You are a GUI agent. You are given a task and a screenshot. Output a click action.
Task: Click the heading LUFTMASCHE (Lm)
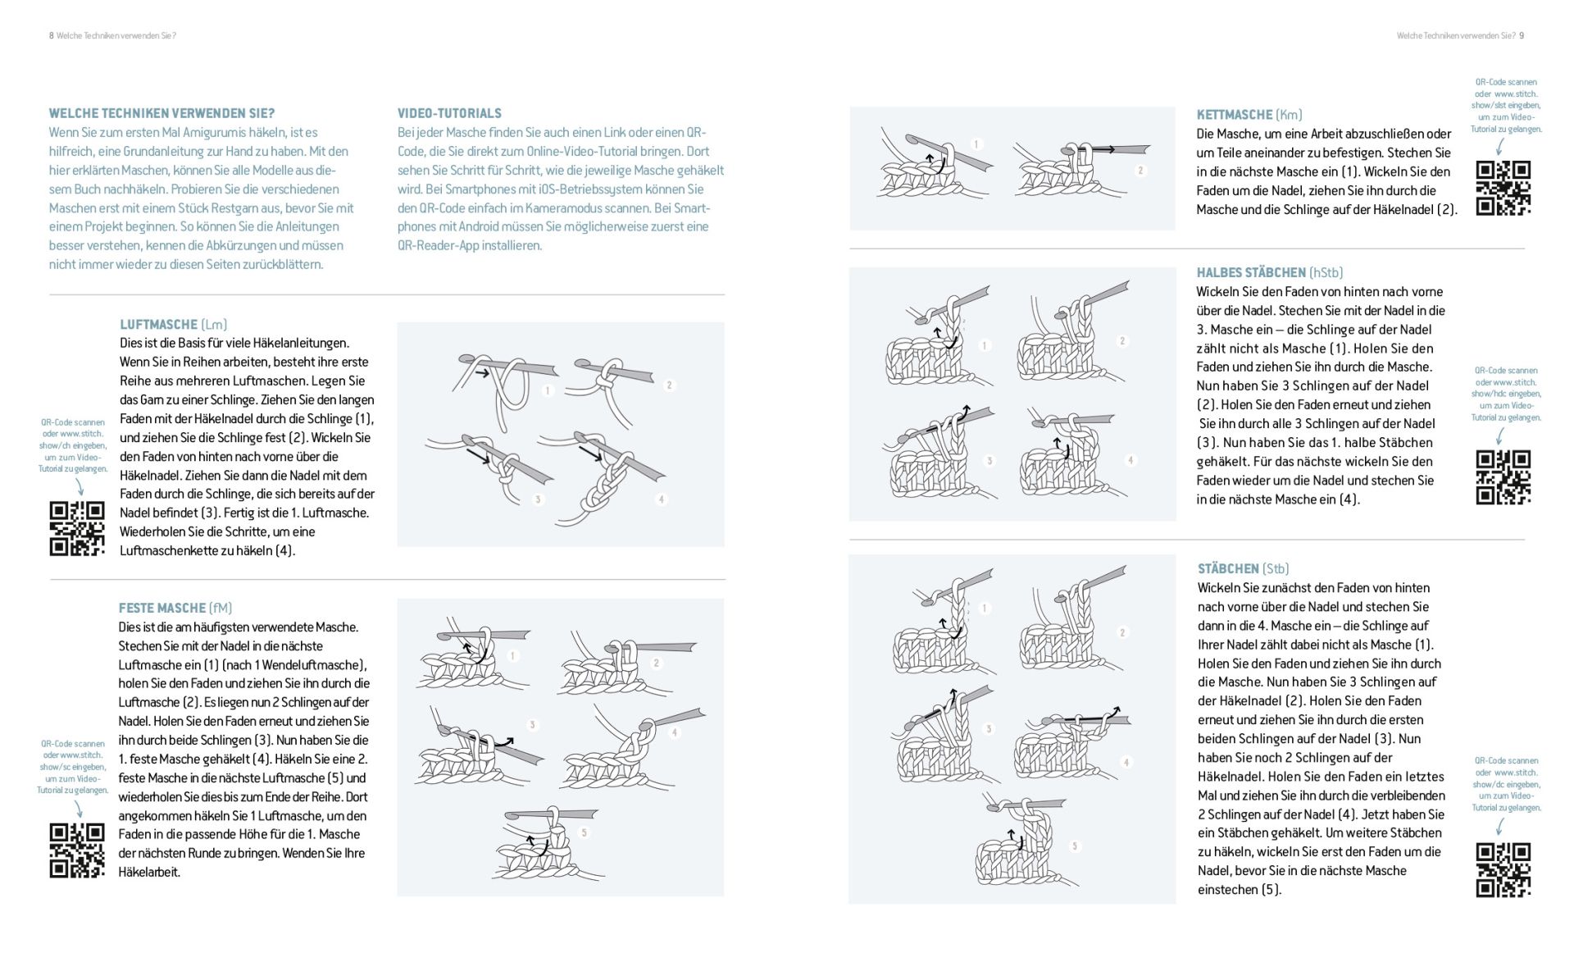pyautogui.click(x=173, y=324)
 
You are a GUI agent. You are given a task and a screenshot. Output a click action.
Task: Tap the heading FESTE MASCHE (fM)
pyautogui.click(x=175, y=608)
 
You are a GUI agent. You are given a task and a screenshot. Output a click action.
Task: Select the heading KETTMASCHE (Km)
pyautogui.click(x=1249, y=115)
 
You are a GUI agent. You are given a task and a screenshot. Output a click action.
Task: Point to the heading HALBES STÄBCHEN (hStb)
pyautogui.click(x=1269, y=272)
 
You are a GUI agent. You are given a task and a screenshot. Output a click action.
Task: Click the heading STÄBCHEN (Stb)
pyautogui.click(x=1243, y=568)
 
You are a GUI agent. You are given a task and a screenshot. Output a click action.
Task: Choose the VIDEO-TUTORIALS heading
pyautogui.click(x=449, y=113)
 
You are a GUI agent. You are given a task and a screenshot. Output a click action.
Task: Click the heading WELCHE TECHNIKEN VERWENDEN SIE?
pyautogui.click(x=161, y=113)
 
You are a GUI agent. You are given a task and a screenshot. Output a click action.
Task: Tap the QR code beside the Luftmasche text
pyautogui.click(x=77, y=528)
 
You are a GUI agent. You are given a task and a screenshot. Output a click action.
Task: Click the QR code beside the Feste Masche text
pyautogui.click(x=77, y=850)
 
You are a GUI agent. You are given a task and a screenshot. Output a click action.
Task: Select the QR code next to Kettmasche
pyautogui.click(x=1503, y=188)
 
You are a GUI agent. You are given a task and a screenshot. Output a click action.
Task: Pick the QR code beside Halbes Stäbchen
pyautogui.click(x=1503, y=476)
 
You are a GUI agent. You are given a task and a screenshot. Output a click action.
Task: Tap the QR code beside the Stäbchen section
pyautogui.click(x=1503, y=869)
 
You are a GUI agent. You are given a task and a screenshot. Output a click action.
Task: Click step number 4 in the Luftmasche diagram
pyautogui.click(x=661, y=499)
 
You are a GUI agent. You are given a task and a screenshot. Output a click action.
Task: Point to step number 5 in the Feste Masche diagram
pyautogui.click(x=584, y=832)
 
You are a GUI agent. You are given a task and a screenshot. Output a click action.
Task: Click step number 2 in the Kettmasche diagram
pyautogui.click(x=1140, y=171)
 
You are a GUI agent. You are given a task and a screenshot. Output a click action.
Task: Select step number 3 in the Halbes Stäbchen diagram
pyautogui.click(x=989, y=461)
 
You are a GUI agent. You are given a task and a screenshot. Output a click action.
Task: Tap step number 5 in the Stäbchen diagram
pyautogui.click(x=1074, y=846)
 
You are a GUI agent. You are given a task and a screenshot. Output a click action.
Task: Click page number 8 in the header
pyautogui.click(x=52, y=35)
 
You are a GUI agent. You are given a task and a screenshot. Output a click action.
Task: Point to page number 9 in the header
pyautogui.click(x=1522, y=35)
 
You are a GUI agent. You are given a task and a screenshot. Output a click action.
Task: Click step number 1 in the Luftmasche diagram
pyautogui.click(x=548, y=390)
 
